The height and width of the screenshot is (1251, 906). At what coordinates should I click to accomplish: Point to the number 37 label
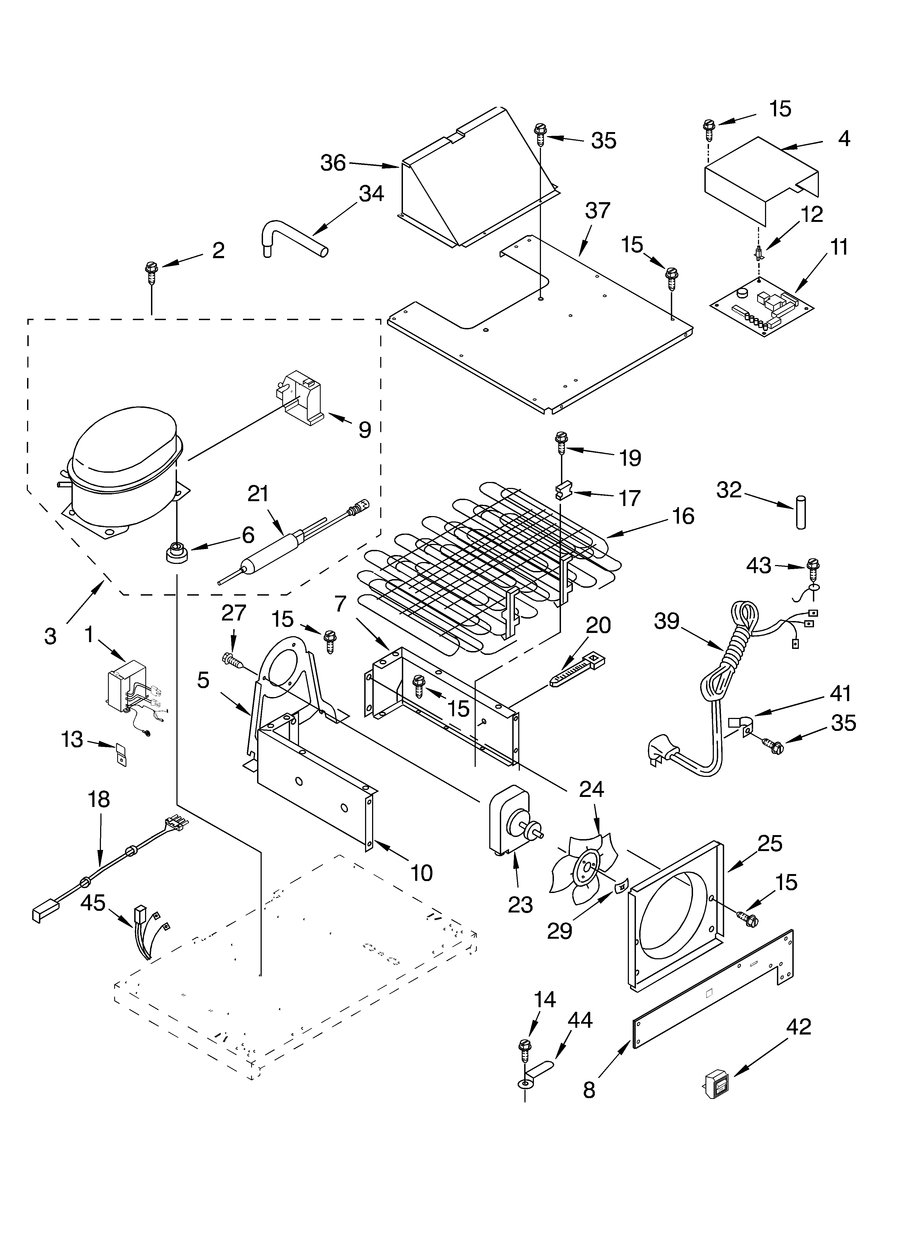[x=598, y=211]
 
